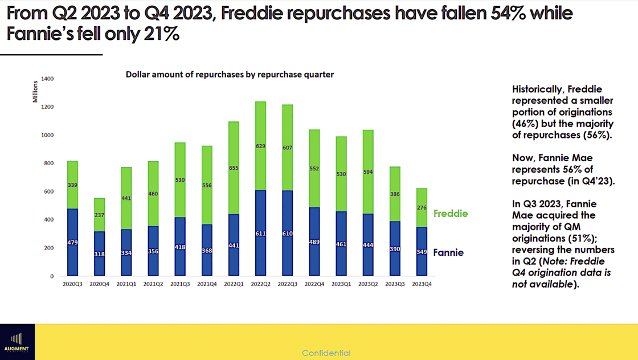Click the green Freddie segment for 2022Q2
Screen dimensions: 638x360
(x=260, y=146)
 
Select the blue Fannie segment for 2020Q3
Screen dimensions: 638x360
(x=72, y=243)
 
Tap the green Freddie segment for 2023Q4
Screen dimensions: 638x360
(x=422, y=207)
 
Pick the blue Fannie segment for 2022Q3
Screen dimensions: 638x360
(x=287, y=233)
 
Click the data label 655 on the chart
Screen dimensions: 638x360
(x=234, y=168)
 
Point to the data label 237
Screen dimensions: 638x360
(x=99, y=215)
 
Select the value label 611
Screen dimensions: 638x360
(x=260, y=234)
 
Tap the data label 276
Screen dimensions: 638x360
(x=422, y=208)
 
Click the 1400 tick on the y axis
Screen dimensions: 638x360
(x=47, y=79)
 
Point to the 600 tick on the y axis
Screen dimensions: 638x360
(x=49, y=191)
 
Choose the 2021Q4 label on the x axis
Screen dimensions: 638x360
(x=207, y=284)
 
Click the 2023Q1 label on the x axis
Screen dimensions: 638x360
(x=341, y=284)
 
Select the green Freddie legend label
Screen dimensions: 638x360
(x=451, y=214)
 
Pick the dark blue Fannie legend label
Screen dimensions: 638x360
(x=448, y=252)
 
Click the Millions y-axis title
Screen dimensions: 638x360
(x=35, y=92)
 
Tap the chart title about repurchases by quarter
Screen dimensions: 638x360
(x=230, y=75)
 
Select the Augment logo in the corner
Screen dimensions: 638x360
(x=17, y=342)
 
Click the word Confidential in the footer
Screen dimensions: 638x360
(x=326, y=353)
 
